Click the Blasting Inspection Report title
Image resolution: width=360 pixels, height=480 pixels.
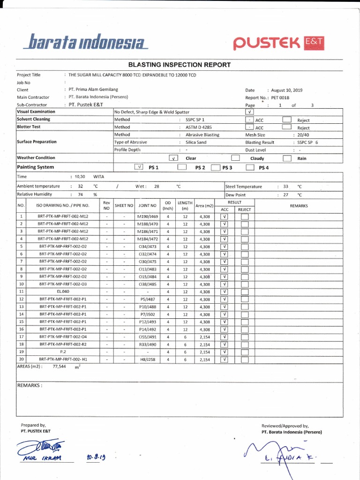180,65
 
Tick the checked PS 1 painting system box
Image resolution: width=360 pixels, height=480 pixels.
139,167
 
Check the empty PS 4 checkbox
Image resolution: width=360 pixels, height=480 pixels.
250,167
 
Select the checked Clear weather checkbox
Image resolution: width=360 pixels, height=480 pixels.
173,158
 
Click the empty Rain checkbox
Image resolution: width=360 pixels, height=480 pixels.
287,158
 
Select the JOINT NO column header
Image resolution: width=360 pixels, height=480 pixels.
147,205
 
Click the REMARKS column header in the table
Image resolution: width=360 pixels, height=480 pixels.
299,205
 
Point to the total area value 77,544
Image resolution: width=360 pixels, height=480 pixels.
60,367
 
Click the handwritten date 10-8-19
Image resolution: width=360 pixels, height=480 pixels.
96,457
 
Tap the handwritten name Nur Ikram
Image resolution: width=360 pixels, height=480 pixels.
46,458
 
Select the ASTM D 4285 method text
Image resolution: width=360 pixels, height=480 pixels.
198,127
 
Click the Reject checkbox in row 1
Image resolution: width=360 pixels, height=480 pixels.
244,217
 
